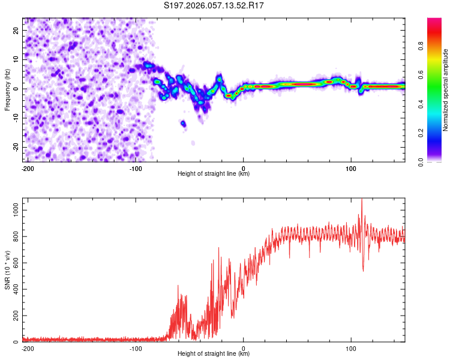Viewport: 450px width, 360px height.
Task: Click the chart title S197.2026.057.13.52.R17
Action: pos(214,5)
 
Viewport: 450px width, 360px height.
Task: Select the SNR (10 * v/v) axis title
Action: pos(7,271)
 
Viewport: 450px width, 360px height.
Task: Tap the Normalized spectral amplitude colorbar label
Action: pos(446,90)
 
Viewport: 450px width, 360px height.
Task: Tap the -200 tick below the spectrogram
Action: pos(28,168)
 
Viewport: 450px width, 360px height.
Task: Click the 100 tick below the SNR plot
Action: pos(351,348)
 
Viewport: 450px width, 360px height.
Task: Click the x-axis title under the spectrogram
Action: pos(214,174)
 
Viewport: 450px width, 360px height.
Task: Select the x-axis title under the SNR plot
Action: pos(214,354)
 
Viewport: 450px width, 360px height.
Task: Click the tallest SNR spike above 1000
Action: pos(361,200)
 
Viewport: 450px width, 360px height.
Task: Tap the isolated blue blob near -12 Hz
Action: pos(183,124)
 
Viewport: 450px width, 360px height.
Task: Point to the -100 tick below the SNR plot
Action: pos(136,348)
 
